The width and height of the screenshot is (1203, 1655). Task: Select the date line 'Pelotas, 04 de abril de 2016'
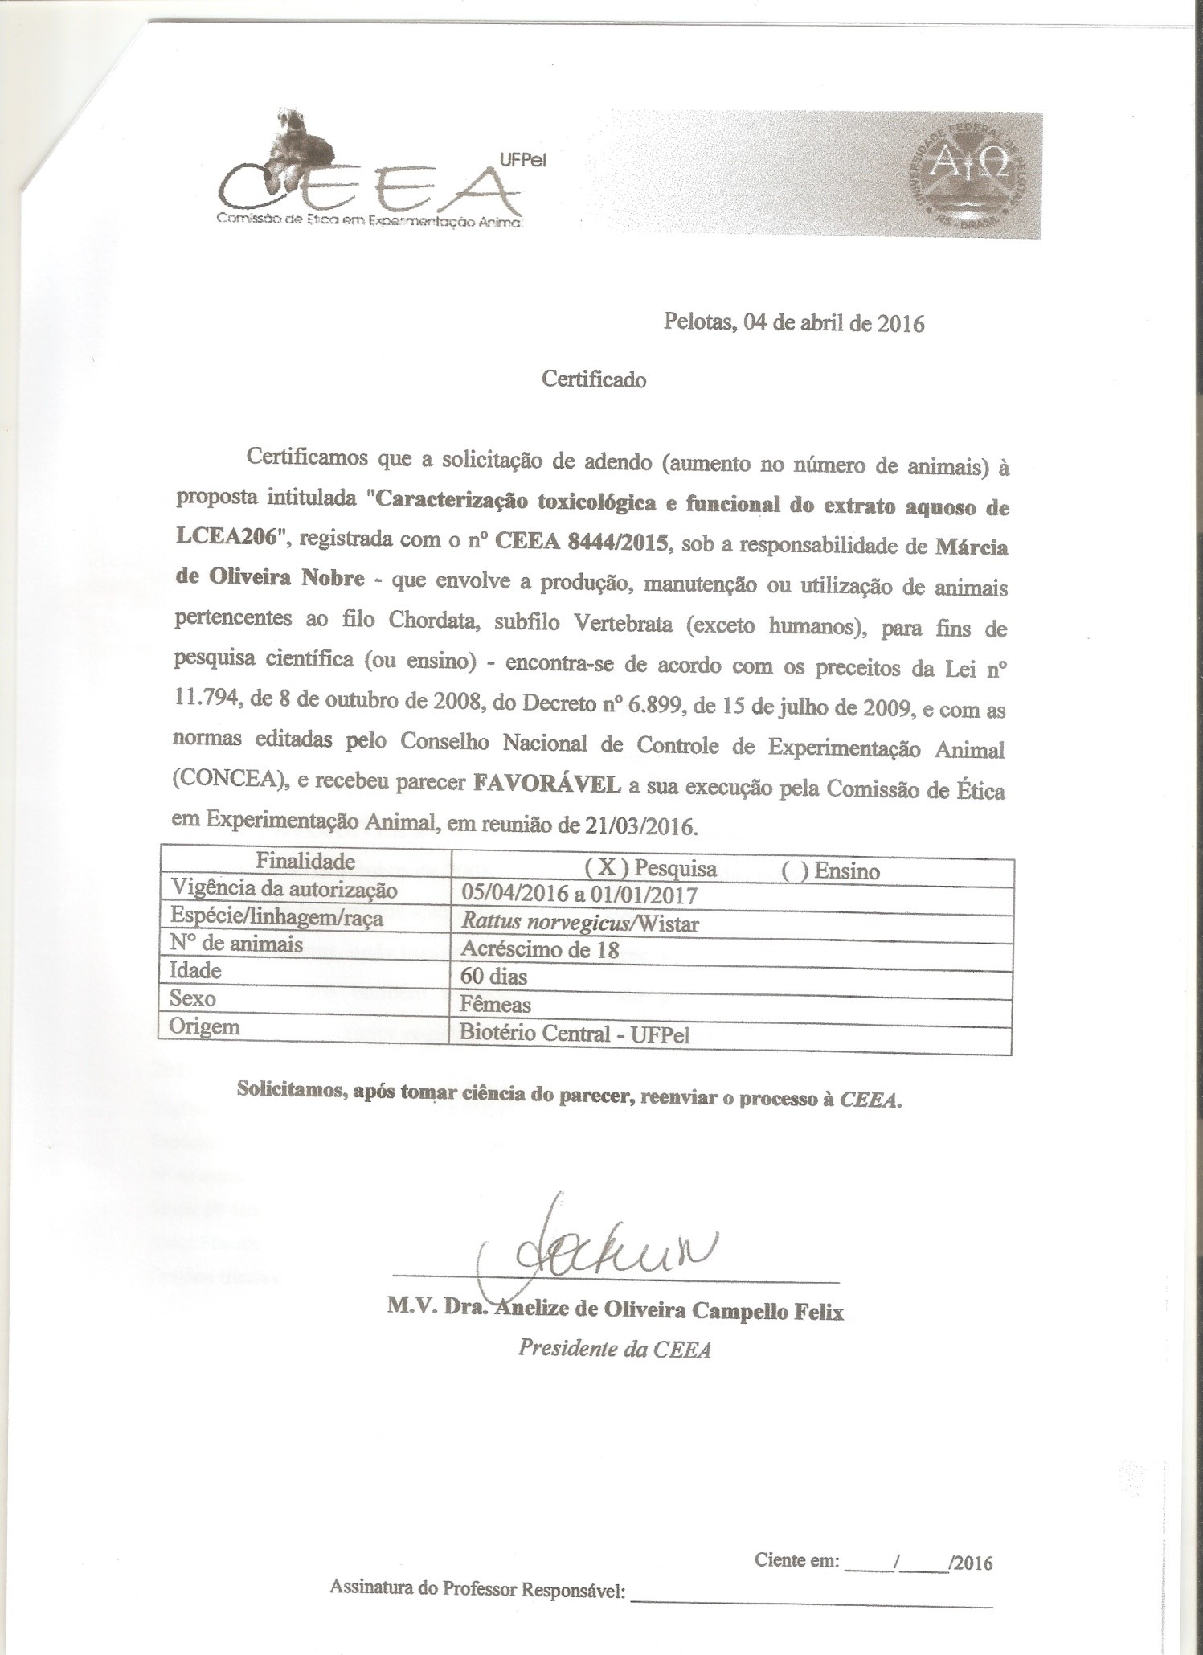pyautogui.click(x=793, y=323)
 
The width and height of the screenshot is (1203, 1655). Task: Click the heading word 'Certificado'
pyautogui.click(x=594, y=379)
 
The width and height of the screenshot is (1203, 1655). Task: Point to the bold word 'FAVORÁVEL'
pyautogui.click(x=547, y=784)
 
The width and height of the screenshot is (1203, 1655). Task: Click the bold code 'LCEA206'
pyautogui.click(x=232, y=539)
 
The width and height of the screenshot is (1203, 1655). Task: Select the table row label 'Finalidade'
pyautogui.click(x=305, y=861)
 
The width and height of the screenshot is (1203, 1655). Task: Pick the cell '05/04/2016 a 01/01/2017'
pyautogui.click(x=579, y=895)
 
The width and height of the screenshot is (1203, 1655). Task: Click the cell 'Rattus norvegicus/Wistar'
pyautogui.click(x=579, y=923)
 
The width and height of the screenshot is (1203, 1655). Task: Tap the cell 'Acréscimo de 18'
pyautogui.click(x=539, y=949)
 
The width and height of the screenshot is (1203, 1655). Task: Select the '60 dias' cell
pyautogui.click(x=493, y=977)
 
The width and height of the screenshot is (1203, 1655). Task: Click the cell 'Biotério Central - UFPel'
pyautogui.click(x=575, y=1034)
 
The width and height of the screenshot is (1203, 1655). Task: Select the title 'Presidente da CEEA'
pyautogui.click(x=614, y=1348)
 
